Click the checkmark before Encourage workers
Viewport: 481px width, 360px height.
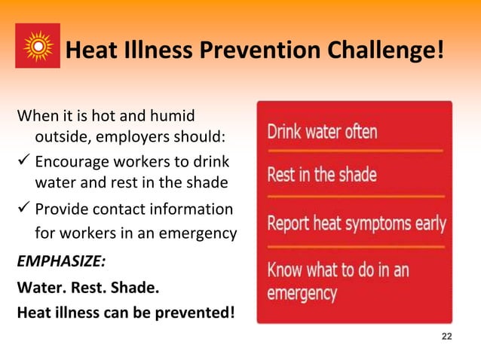pos(23,163)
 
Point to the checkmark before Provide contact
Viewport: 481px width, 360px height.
pos(23,209)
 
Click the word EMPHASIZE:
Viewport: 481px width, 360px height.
pos(61,261)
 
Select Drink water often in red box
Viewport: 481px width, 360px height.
pos(323,133)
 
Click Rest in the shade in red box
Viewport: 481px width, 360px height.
pos(322,175)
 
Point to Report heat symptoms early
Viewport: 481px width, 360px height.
pos(357,224)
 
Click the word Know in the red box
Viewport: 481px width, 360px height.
pos(286,268)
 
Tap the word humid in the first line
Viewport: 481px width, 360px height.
pos(173,117)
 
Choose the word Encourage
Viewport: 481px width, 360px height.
pos(72,163)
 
